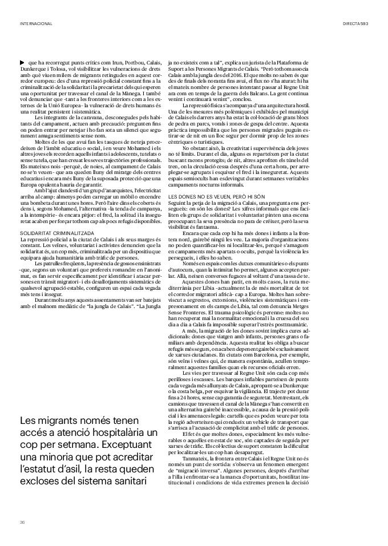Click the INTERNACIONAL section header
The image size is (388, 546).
[36, 24]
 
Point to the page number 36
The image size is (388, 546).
[22, 521]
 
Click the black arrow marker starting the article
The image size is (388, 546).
[22, 62]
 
